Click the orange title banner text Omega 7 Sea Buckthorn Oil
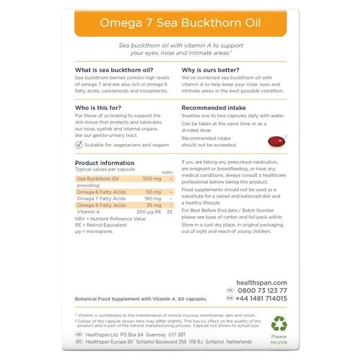pyautogui.click(x=179, y=24)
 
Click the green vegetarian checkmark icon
pyautogui.click(x=79, y=145)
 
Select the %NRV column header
pyautogui.click(x=167, y=171)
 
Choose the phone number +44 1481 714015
pyautogui.click(x=264, y=298)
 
